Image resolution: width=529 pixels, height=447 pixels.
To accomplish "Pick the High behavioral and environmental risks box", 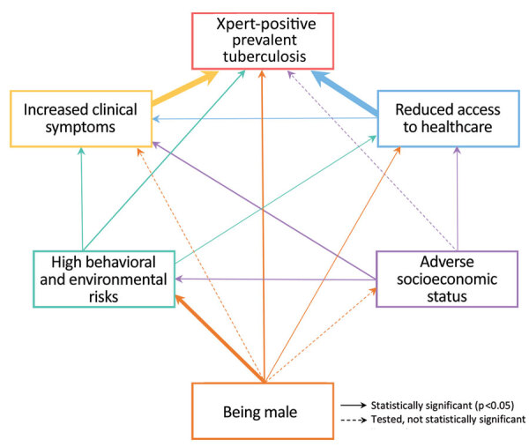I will pos(103,279).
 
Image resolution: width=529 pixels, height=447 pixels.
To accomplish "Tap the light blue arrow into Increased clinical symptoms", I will pos(264,118).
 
